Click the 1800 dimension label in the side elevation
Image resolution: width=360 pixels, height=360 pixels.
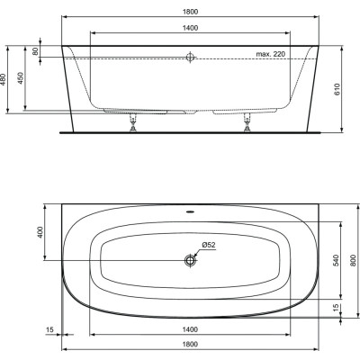(x=190, y=10)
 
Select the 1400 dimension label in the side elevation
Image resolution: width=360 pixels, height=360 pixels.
(x=190, y=28)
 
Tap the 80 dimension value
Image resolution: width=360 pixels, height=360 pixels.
(x=37, y=50)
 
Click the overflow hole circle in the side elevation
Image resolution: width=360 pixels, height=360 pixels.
(x=190, y=58)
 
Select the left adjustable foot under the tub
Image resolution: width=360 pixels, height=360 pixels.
(x=135, y=121)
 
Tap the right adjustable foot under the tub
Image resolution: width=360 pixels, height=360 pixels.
(x=245, y=121)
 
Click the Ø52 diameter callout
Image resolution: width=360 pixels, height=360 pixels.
(x=206, y=245)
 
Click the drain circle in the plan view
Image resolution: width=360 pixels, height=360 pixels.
(x=190, y=260)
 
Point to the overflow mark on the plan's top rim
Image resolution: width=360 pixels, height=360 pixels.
(x=190, y=214)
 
